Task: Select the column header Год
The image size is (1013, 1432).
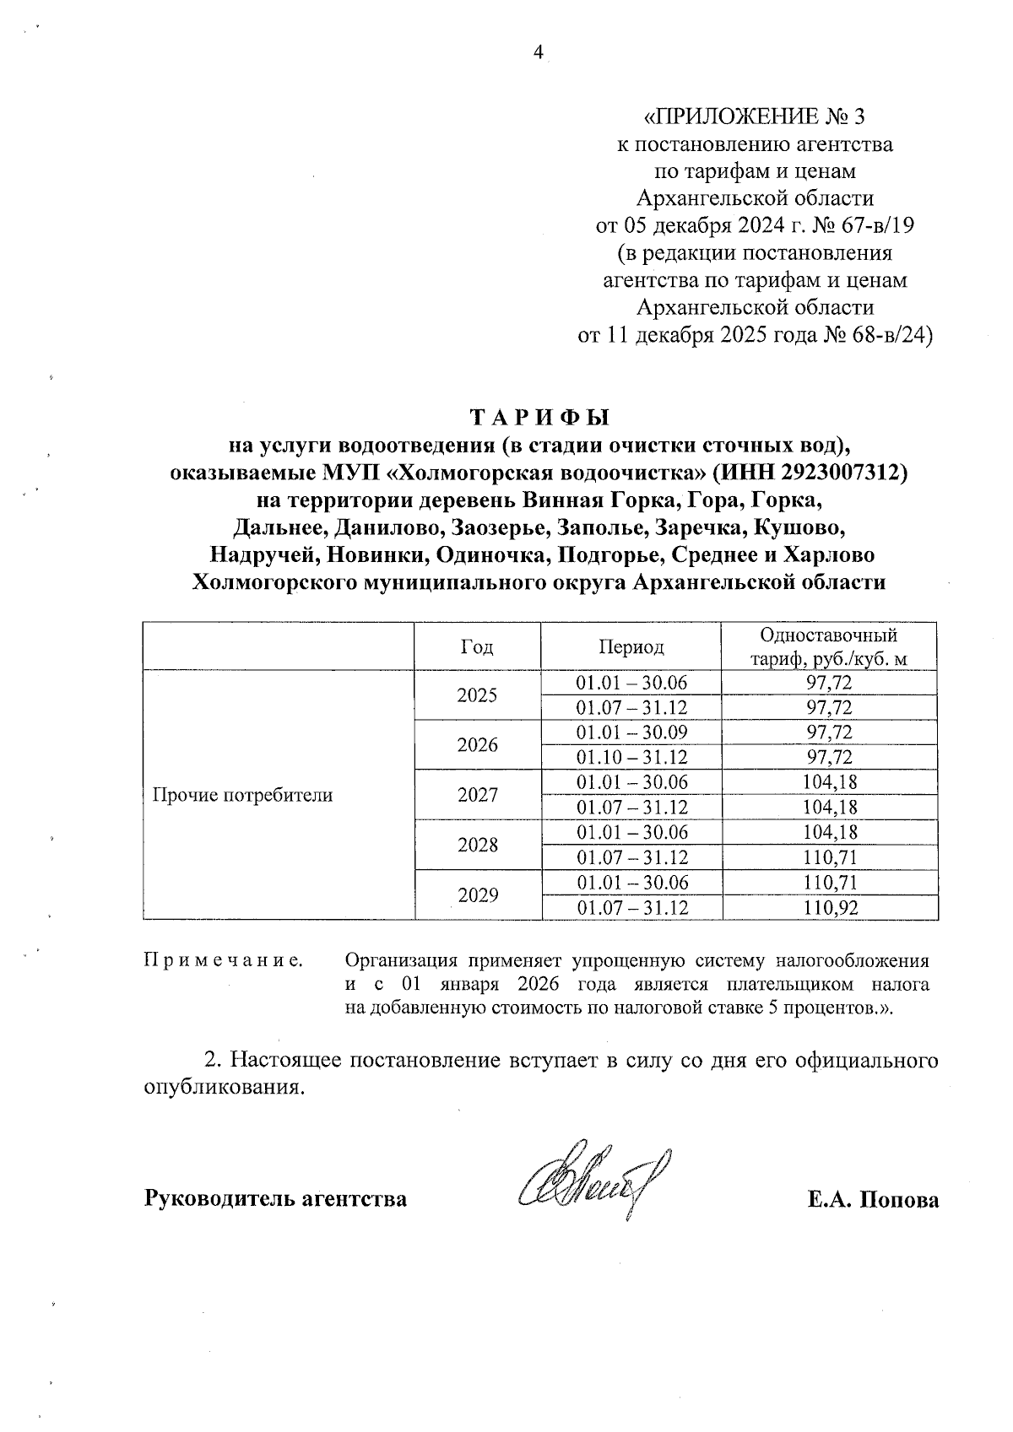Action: tap(477, 647)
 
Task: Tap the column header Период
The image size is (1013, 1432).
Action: tap(631, 647)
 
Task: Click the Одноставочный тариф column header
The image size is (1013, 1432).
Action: tap(829, 647)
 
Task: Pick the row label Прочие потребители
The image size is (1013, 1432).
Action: tap(242, 795)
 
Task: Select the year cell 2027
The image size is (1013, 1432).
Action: tap(477, 795)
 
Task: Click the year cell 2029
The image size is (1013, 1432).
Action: tap(477, 895)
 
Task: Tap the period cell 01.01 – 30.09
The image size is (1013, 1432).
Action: tap(631, 732)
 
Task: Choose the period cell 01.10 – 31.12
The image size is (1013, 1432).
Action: tap(631, 757)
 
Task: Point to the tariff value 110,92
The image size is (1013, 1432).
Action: tap(829, 908)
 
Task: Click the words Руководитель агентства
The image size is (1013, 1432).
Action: tap(276, 1199)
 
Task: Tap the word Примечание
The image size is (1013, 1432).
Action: tap(225, 960)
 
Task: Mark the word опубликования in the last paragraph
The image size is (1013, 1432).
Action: tap(222, 1088)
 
